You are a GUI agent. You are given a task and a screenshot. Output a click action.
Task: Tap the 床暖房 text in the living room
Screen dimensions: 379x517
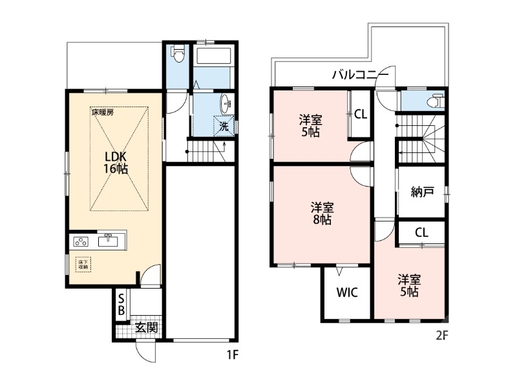coord(102,112)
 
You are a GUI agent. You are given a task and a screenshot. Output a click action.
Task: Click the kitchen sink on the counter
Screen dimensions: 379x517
coord(107,241)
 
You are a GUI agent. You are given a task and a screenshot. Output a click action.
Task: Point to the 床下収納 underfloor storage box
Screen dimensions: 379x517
coord(83,263)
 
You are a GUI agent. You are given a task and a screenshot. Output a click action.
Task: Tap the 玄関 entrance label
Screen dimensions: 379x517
coord(146,327)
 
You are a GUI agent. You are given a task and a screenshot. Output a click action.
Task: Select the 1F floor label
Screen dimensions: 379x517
coord(232,354)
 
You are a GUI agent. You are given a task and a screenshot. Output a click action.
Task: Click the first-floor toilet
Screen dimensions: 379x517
coord(178,54)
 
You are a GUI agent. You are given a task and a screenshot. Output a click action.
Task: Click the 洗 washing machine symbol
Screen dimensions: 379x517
coord(224,126)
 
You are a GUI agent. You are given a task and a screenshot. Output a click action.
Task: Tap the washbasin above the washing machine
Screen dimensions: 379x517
coord(226,103)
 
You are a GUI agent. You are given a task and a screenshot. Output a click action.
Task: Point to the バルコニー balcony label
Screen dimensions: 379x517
coord(360,74)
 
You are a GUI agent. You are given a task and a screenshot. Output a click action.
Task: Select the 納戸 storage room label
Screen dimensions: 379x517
coord(422,192)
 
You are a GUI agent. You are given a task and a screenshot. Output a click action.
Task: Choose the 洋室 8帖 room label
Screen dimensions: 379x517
coord(321,213)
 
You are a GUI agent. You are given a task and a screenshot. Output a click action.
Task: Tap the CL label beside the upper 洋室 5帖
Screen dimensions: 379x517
coord(360,114)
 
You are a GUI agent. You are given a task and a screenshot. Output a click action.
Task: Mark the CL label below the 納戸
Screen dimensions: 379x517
coord(421,232)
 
